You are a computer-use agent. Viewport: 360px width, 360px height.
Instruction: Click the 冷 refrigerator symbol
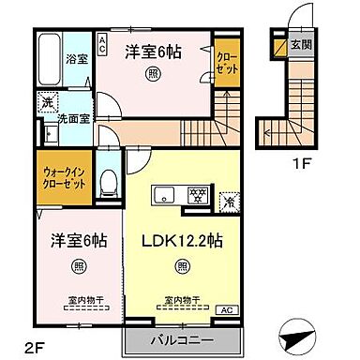(x=228, y=200)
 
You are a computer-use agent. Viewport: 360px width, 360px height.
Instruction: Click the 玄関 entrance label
(x=300, y=42)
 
